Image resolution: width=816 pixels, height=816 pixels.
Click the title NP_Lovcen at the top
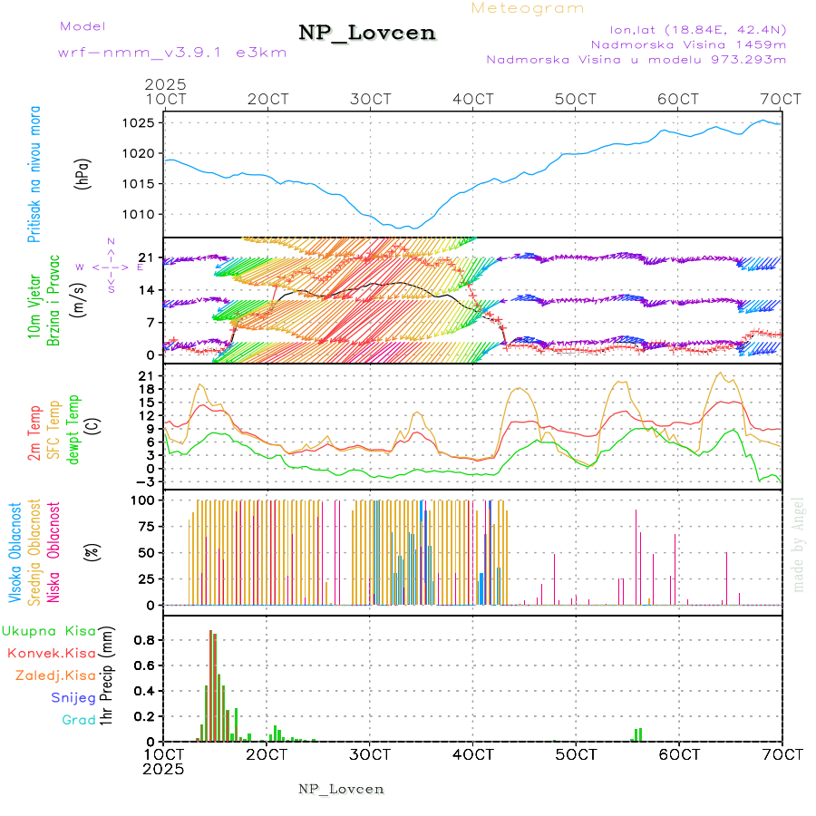coord(367,34)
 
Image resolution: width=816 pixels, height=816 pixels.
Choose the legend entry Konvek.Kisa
coord(51,653)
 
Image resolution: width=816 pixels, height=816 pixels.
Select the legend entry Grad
coord(80,721)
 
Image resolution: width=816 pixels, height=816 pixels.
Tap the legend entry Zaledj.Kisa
coord(55,675)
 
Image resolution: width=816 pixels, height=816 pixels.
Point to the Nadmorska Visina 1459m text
coord(688,44)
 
